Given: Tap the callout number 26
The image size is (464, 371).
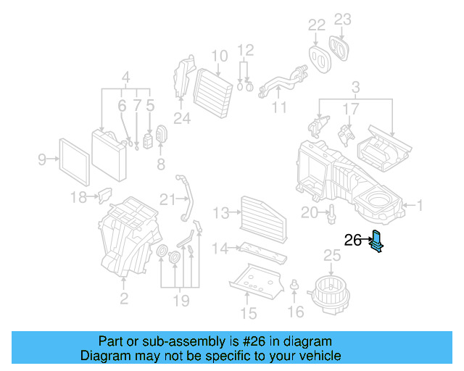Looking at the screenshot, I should pos(352,241).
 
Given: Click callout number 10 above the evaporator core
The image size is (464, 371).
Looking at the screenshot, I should pos(220,55).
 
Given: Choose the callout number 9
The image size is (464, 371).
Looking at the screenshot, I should pos(42,159).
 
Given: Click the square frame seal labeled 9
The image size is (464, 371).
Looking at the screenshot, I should pos(73,159).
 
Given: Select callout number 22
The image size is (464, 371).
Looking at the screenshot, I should pos(316,26).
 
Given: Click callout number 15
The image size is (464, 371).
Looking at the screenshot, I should pos(248,313).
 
